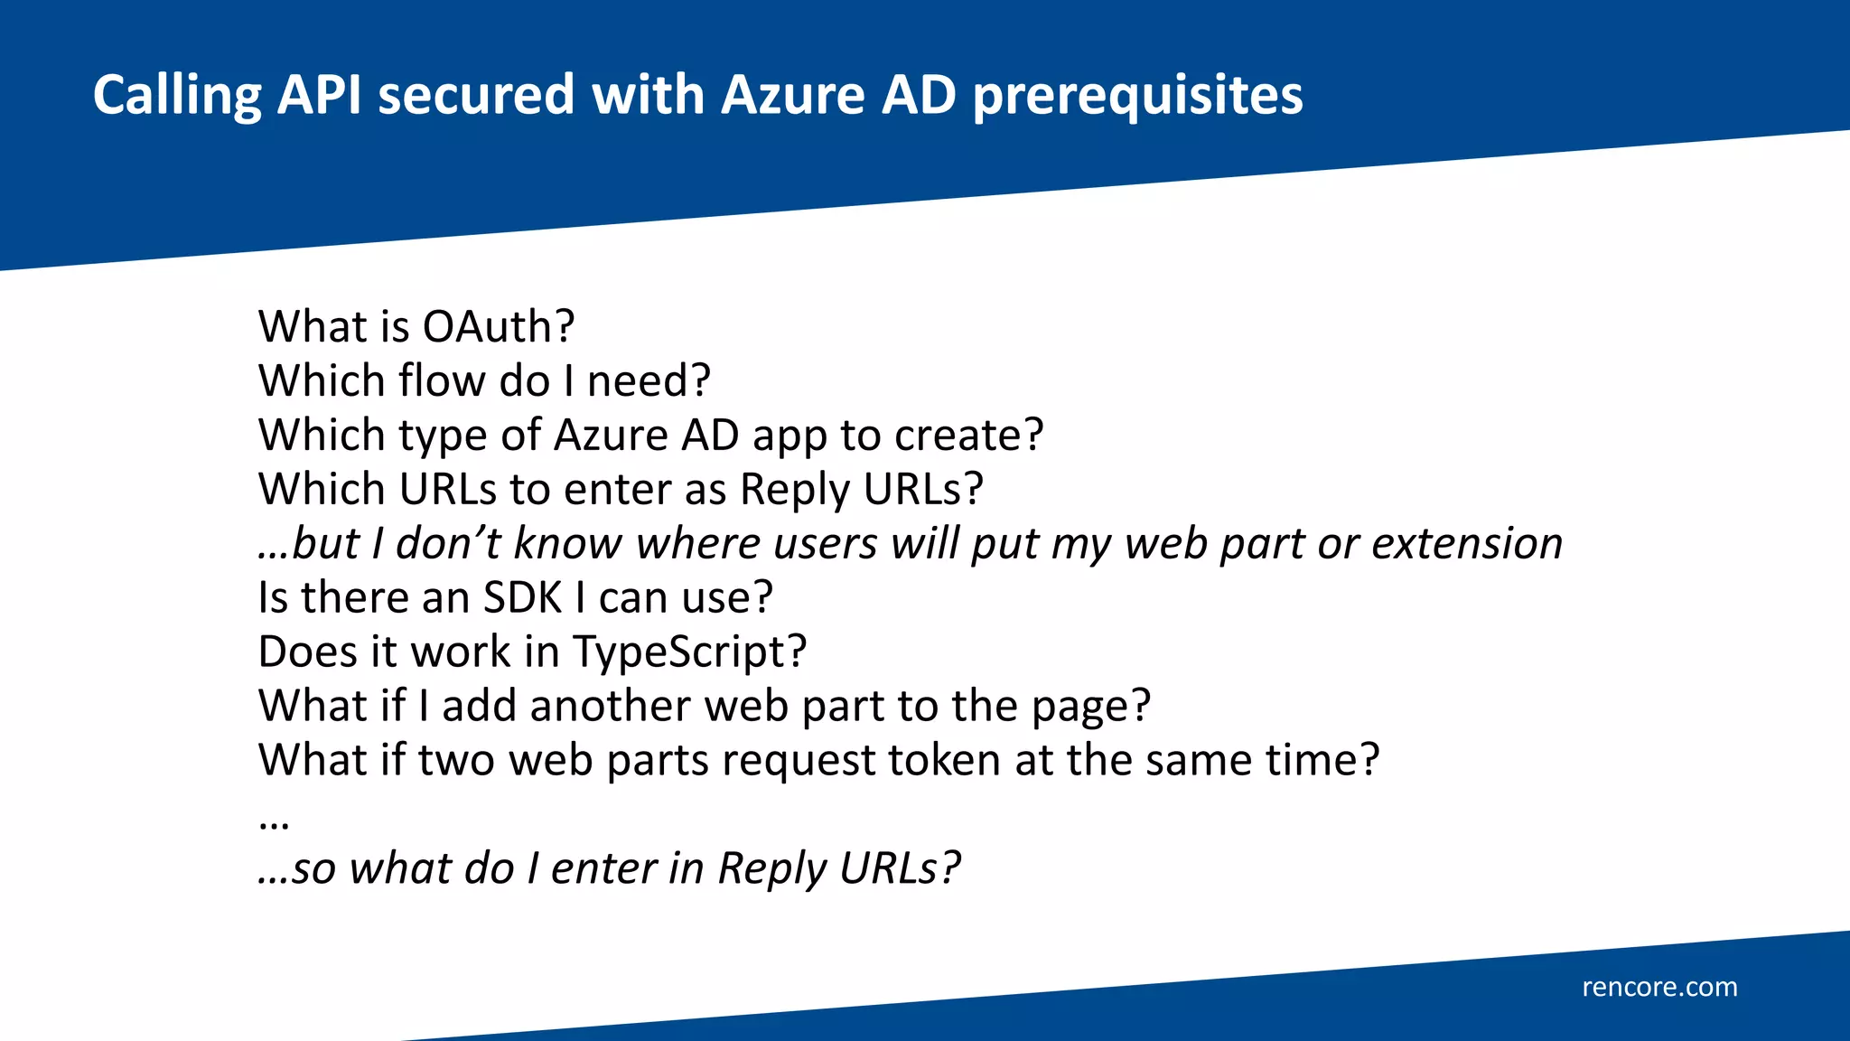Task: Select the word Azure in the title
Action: pos(792,95)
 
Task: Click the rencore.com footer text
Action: pos(1659,987)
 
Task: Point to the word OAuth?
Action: pos(499,326)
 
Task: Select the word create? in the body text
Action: pos(968,435)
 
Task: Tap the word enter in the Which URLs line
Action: pos(617,489)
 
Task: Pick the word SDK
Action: pos(522,597)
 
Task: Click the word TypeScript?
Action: pos(689,652)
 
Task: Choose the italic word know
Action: pos(568,543)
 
